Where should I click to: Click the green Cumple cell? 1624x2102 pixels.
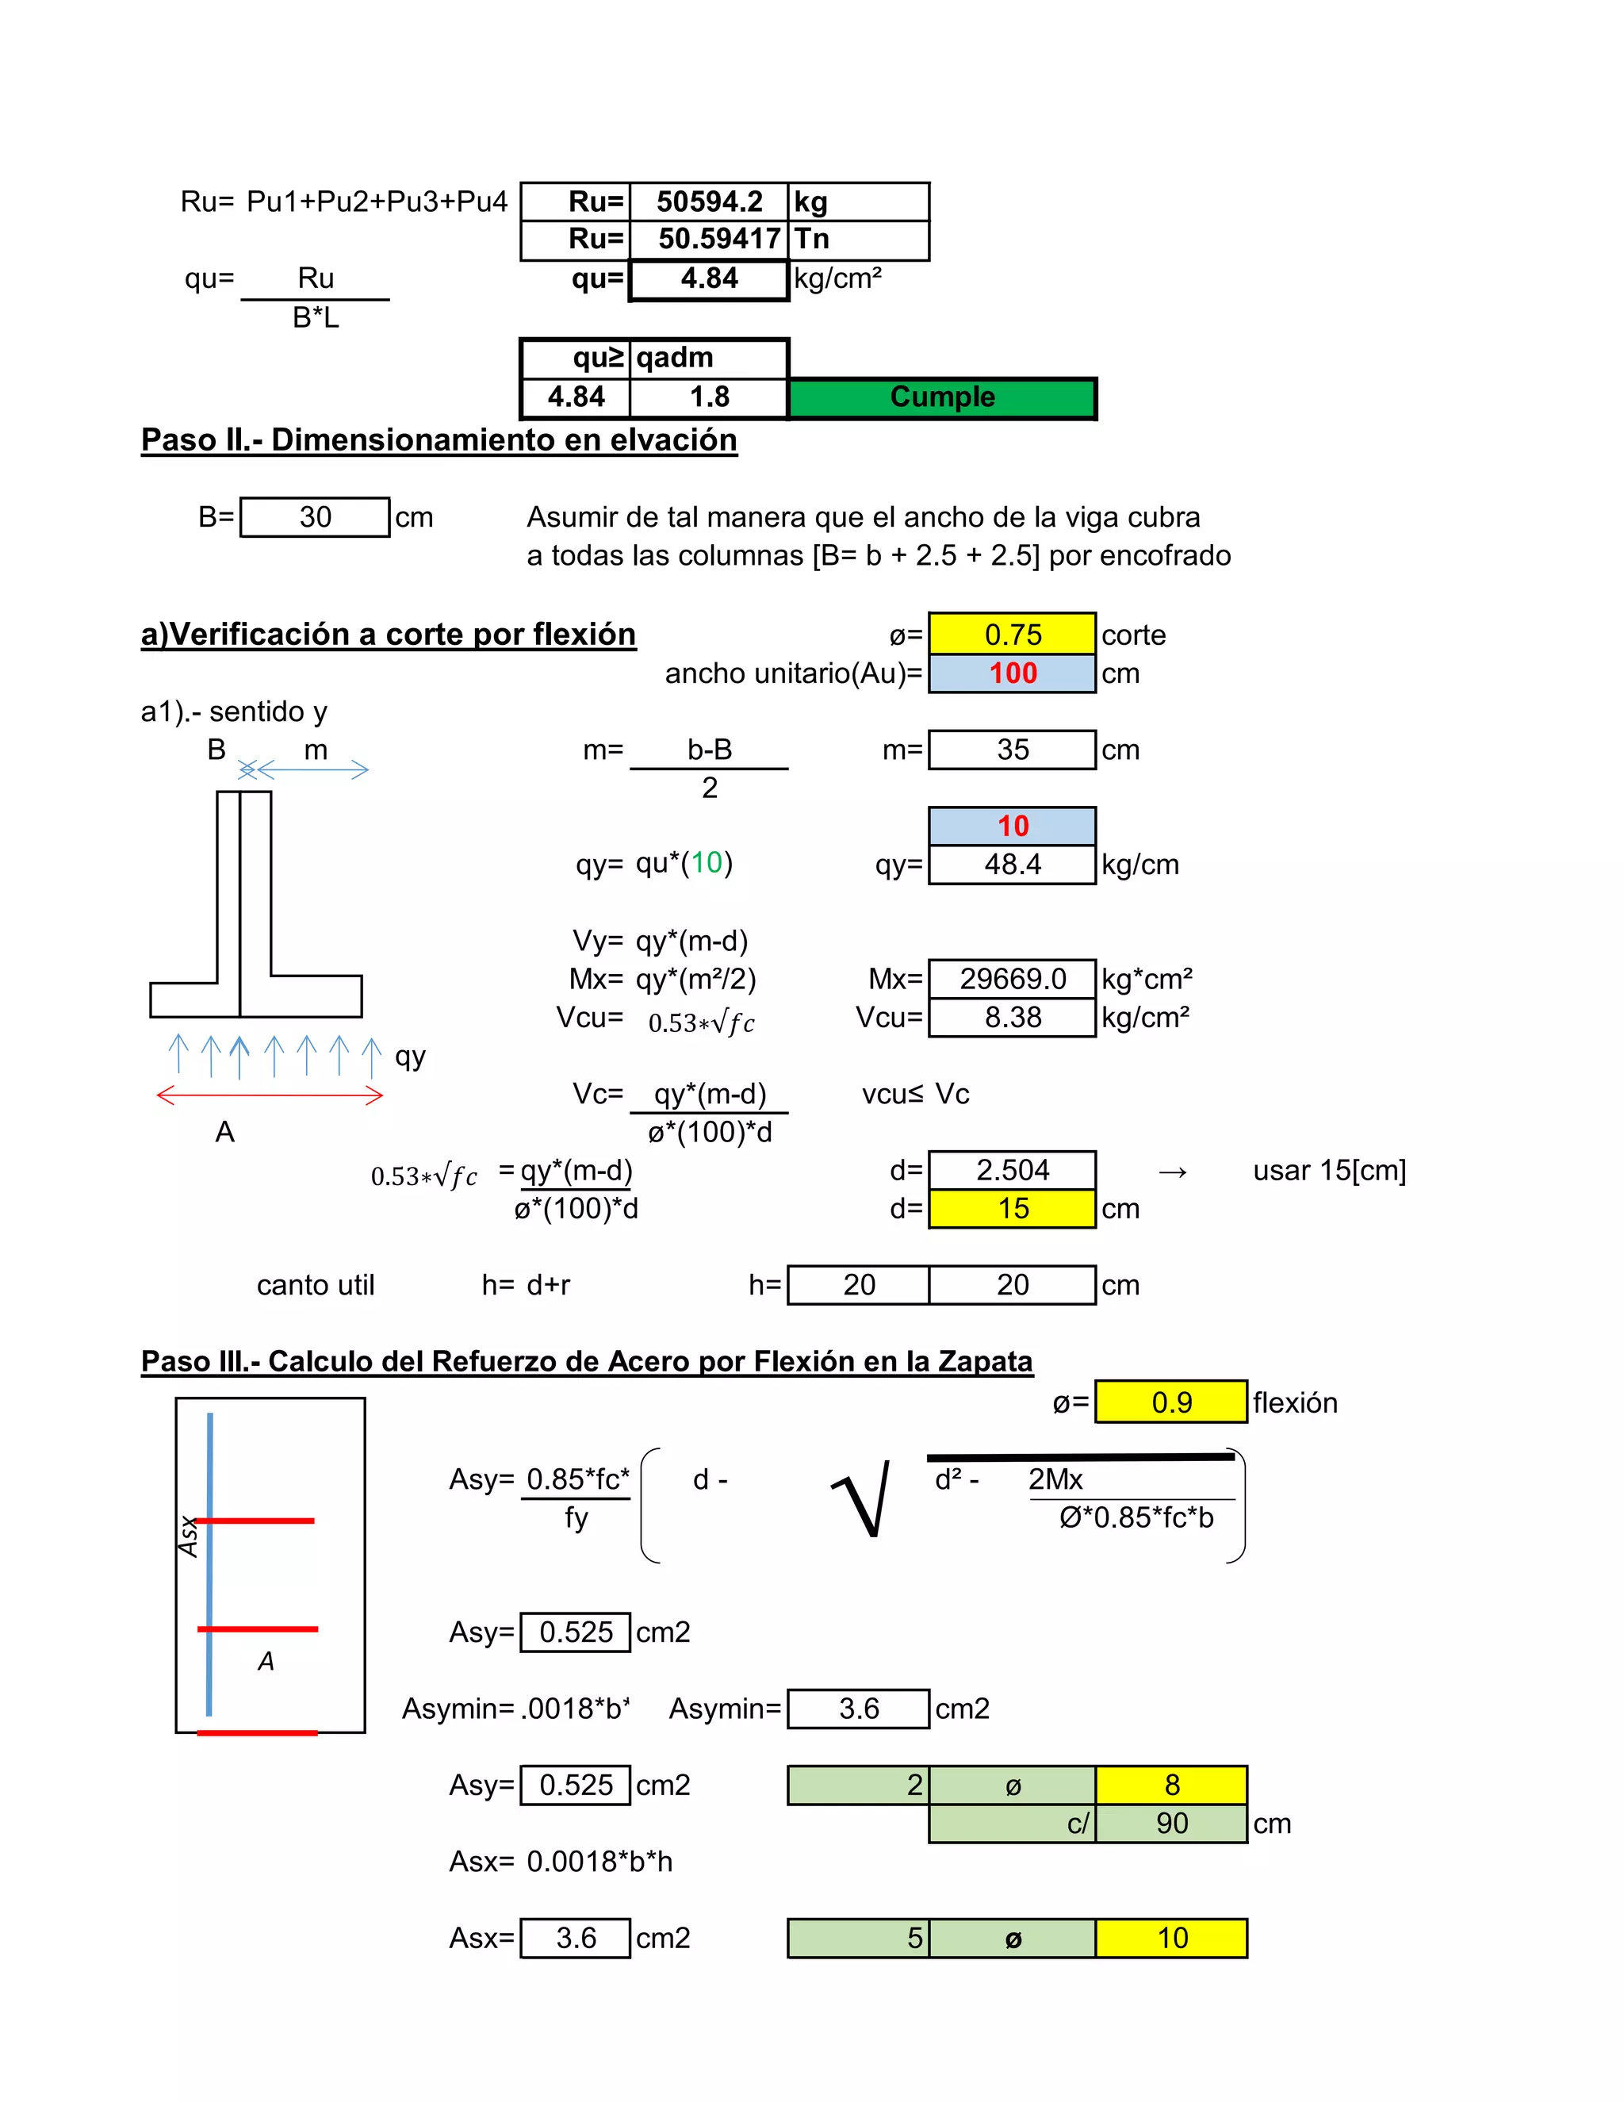(x=942, y=397)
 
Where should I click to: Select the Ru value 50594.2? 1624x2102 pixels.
(x=709, y=202)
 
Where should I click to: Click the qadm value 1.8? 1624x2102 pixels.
(x=709, y=397)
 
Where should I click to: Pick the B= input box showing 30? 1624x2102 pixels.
(x=315, y=518)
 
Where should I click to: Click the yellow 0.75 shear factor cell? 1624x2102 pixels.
(x=1012, y=635)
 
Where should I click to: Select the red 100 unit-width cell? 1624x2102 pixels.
(x=1012, y=673)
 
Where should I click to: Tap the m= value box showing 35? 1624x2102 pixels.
(x=1012, y=750)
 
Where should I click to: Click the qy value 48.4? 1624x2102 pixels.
(x=1012, y=865)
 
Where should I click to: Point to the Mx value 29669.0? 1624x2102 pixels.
(x=1012, y=979)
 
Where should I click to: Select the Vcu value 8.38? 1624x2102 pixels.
(x=1012, y=1018)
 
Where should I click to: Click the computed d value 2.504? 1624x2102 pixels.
(x=1012, y=1170)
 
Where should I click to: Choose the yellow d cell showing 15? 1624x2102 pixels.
(x=1012, y=1209)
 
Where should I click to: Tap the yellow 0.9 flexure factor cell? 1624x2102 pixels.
(x=1171, y=1402)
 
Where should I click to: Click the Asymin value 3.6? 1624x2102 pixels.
(x=858, y=1709)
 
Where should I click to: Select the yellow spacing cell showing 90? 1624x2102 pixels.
(x=1171, y=1823)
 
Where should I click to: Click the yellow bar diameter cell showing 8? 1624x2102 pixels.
(x=1171, y=1786)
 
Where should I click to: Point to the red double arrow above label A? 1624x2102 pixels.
(x=270, y=1095)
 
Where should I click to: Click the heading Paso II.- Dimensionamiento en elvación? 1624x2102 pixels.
(x=439, y=440)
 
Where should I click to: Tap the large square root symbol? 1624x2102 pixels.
(x=861, y=1498)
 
